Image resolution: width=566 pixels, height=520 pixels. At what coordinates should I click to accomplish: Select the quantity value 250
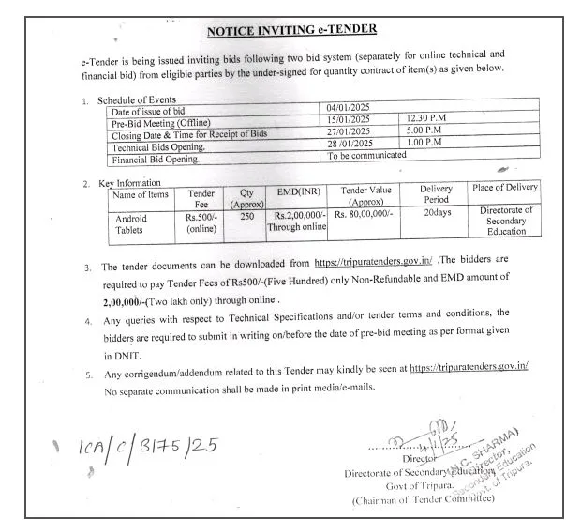point(247,217)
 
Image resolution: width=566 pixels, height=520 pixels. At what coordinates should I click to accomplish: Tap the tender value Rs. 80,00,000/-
point(361,217)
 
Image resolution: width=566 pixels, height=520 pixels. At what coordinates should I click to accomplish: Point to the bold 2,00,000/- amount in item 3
point(132,300)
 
